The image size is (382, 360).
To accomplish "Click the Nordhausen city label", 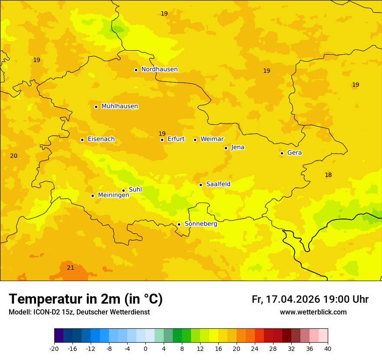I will [159, 69].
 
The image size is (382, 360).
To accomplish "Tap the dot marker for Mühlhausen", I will [96, 107].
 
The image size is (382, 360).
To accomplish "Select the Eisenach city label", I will [101, 139].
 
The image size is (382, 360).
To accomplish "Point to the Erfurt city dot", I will [162, 140].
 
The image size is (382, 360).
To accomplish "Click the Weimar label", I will [212, 139].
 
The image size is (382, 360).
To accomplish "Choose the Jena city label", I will [238, 147].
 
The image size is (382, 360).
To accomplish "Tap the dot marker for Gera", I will [282, 153].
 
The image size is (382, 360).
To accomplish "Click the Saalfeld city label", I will [218, 184].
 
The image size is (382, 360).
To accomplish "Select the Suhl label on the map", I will [135, 190].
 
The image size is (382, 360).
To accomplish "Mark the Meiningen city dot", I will [92, 196].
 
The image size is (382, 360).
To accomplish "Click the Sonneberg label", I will [201, 224].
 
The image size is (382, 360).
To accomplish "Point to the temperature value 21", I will [71, 268].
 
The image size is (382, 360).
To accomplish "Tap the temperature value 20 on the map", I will [14, 156].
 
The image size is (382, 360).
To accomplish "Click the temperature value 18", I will [328, 175].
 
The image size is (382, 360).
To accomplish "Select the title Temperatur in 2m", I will [86, 299].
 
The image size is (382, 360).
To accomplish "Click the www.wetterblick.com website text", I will [313, 312].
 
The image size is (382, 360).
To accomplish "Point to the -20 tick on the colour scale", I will [54, 348].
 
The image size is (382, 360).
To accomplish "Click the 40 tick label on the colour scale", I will [328, 348].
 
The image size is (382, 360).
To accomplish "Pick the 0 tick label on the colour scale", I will [145, 348].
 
